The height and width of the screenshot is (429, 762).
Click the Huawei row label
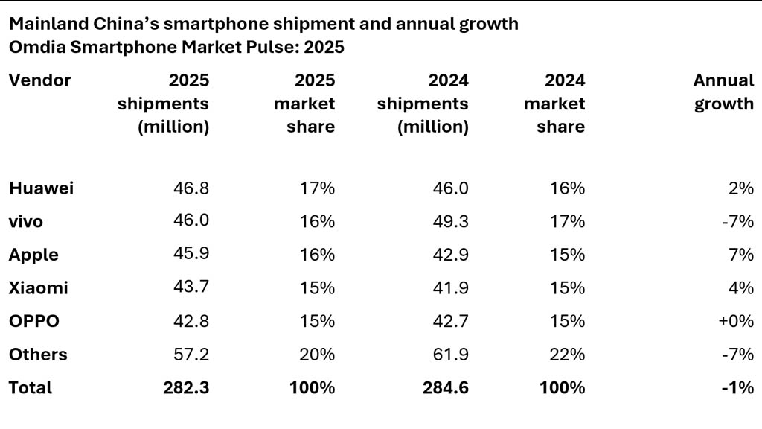point(41,188)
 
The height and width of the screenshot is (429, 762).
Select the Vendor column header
point(39,80)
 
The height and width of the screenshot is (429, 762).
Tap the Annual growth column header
point(723,92)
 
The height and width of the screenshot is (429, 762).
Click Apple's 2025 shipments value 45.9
point(192,254)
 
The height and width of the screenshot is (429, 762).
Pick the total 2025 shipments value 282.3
point(186,387)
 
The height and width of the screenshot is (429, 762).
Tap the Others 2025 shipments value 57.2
point(192,355)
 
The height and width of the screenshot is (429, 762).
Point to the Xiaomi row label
point(38,287)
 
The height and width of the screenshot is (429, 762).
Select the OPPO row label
point(33,321)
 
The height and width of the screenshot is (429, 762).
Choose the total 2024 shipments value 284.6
point(446,387)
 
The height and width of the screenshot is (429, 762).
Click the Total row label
point(31,387)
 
